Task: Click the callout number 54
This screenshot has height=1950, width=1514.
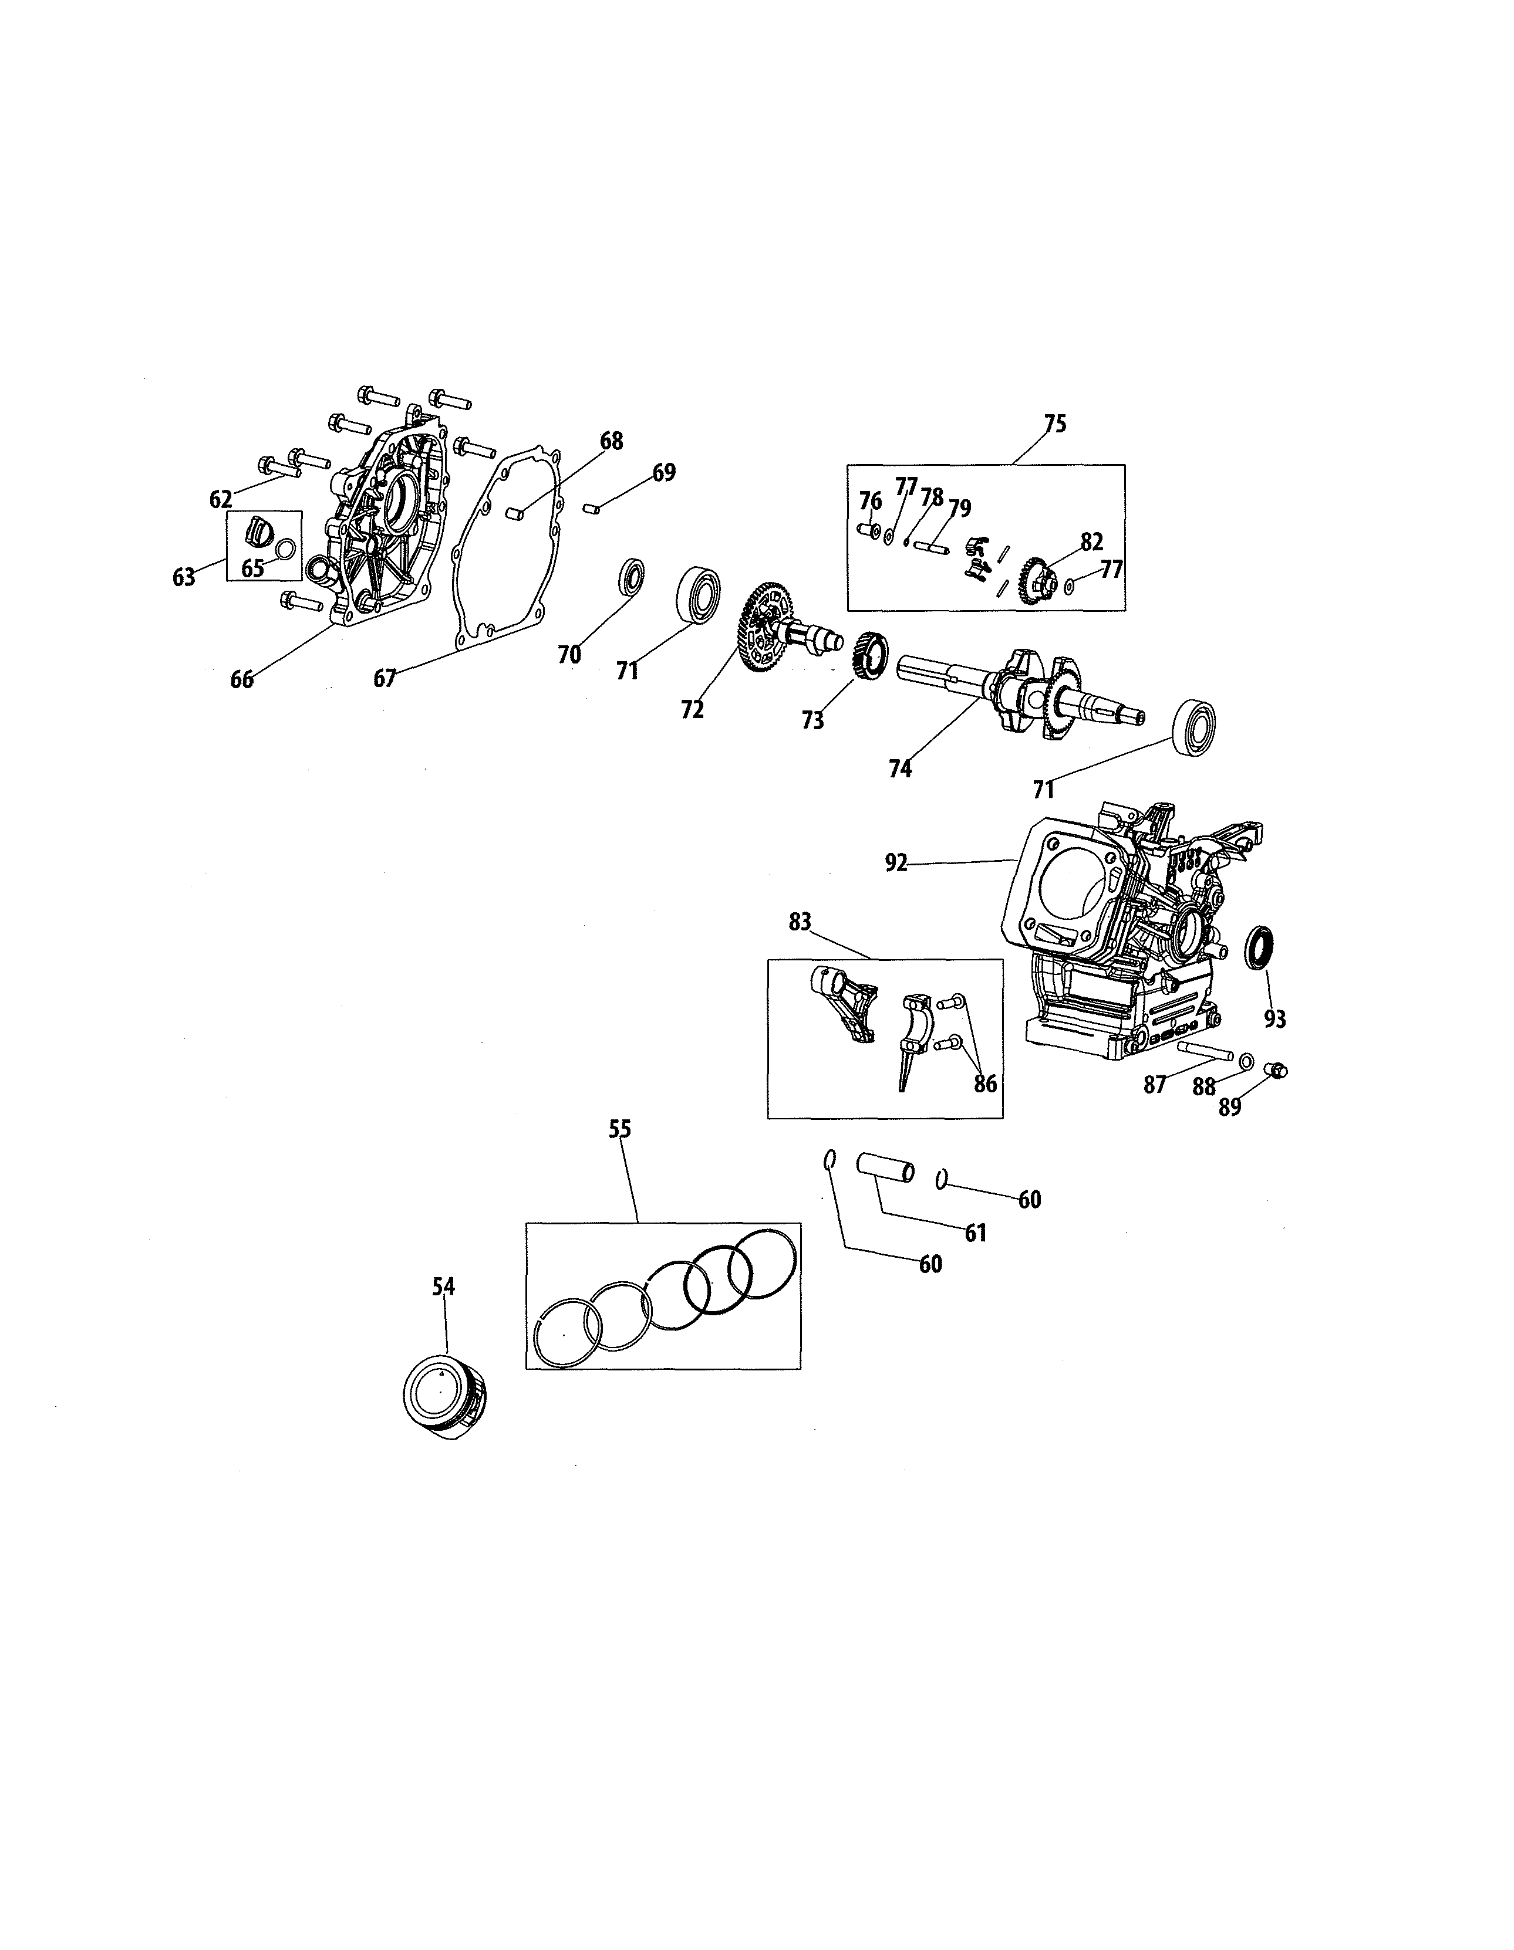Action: tap(444, 1287)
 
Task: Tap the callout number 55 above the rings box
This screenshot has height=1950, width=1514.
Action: tap(620, 1129)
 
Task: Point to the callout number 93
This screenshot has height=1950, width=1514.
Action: tap(1274, 1019)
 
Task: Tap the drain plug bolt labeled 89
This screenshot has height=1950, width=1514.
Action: tap(1278, 1069)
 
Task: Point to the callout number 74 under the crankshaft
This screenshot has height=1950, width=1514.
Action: tap(901, 769)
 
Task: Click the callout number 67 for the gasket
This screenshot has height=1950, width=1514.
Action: tap(384, 679)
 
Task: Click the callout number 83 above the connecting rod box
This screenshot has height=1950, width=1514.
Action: tap(800, 922)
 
